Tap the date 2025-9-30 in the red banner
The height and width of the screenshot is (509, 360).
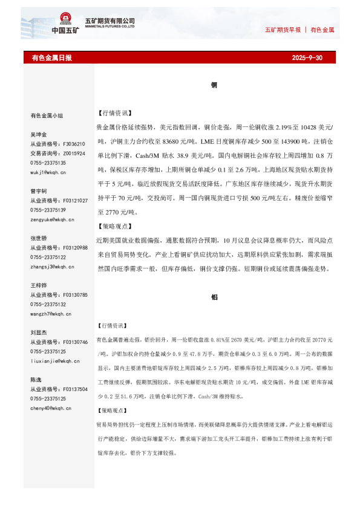[307, 58]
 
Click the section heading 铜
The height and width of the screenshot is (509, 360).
[214, 85]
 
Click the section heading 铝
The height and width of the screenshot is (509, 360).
[214, 297]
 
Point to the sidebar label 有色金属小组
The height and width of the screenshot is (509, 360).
[47, 115]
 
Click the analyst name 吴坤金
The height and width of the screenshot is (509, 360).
[39, 135]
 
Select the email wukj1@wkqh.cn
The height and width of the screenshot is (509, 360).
[48, 172]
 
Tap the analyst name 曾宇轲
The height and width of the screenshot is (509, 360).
[39, 191]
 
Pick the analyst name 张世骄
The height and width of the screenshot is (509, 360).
[39, 238]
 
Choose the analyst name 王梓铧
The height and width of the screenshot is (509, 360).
[39, 285]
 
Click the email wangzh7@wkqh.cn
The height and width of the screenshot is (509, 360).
[51, 314]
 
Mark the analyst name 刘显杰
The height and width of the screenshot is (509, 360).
[39, 332]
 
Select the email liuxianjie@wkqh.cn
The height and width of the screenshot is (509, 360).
[53, 361]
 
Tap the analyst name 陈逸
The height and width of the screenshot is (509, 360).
[36, 380]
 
